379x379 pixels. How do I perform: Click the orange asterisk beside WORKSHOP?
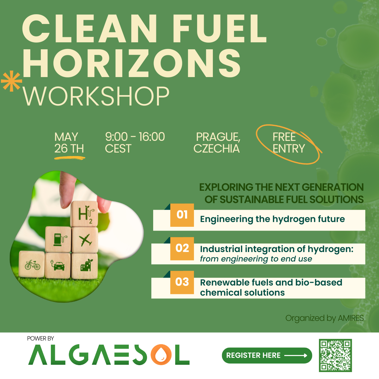click(x=11, y=81)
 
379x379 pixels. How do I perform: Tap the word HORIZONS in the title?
click(x=131, y=63)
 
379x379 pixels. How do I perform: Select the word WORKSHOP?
click(x=96, y=96)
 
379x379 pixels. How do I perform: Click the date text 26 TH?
click(x=69, y=148)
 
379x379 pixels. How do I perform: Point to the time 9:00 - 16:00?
click(x=135, y=136)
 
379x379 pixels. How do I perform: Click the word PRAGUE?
click(x=218, y=137)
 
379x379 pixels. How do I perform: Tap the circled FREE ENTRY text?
click(x=289, y=142)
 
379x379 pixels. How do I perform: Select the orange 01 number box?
click(x=182, y=215)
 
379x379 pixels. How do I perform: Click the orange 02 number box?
click(x=182, y=249)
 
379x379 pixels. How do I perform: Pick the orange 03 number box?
click(x=182, y=282)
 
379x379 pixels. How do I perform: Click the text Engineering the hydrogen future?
click(x=272, y=219)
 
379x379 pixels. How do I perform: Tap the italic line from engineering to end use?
click(x=256, y=259)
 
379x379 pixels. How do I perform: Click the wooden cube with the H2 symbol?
click(x=84, y=214)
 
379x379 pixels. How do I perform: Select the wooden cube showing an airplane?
click(x=85, y=240)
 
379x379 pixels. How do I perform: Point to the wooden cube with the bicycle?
click(x=32, y=264)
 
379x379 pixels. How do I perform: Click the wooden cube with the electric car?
click(x=58, y=266)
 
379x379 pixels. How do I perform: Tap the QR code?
click(x=335, y=355)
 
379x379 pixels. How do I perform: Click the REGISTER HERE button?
click(x=267, y=355)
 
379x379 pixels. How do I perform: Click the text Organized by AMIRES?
click(x=325, y=318)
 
